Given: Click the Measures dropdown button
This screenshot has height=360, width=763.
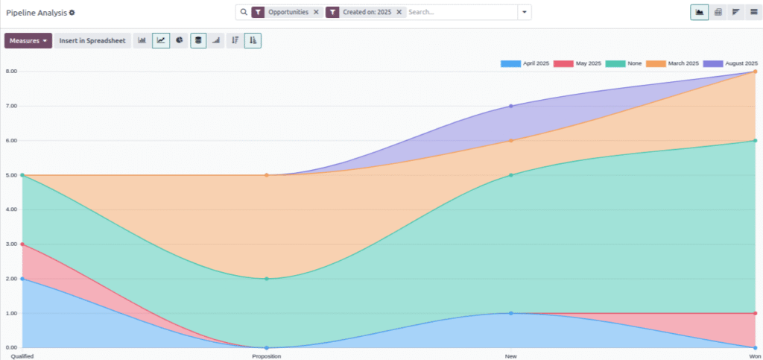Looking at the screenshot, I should coord(28,41).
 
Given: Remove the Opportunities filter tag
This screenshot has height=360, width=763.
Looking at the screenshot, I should coord(316,12).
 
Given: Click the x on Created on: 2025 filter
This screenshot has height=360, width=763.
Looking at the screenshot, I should coord(399,12).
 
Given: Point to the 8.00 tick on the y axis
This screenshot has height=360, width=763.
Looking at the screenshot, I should coord(11,72).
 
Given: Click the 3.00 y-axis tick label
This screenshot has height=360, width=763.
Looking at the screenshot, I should coord(11,244).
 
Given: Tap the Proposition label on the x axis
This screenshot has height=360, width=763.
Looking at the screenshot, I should coord(266,356).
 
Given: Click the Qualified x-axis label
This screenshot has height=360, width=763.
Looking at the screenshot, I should coord(22,356).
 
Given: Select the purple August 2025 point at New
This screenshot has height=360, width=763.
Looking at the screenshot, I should coord(510,106).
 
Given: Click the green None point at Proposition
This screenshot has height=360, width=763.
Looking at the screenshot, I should coord(266,279).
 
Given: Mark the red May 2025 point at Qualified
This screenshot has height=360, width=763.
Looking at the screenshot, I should coord(22,244).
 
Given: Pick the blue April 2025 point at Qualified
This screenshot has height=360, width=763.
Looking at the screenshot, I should coord(22,279).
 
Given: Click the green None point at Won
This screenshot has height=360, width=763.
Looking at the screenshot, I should coord(755,141).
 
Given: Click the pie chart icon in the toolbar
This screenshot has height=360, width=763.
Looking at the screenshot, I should coord(180,41).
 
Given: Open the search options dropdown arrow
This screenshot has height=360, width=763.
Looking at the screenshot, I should coord(525,12).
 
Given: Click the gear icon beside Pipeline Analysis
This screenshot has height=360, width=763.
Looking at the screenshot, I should coord(72,13).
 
